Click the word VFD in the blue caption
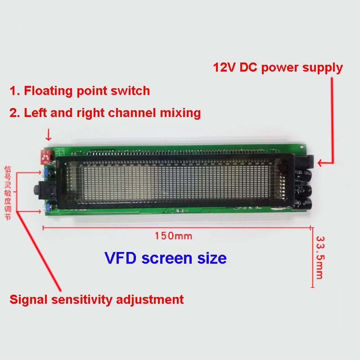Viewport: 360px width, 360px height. (x=121, y=258)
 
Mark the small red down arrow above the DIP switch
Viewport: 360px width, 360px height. (x=49, y=134)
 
